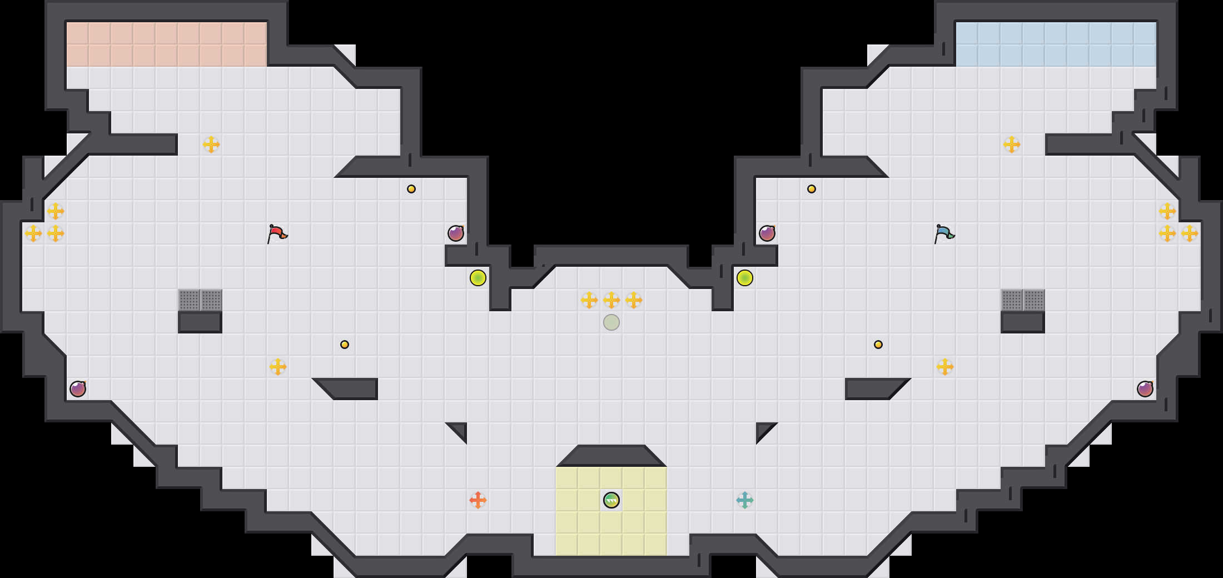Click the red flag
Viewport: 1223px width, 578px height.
[277, 233]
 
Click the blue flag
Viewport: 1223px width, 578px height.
[944, 233]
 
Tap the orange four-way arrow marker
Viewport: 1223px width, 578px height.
[478, 500]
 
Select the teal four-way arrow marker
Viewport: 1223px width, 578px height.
[745, 500]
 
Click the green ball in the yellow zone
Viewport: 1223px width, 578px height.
[611, 500]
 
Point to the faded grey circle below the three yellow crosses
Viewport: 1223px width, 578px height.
[611, 322]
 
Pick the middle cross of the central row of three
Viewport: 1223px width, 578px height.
[611, 300]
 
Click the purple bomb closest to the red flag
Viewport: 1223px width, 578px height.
[456, 233]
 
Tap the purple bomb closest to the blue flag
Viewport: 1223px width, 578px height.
[767, 233]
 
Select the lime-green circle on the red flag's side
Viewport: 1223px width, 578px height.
[478, 278]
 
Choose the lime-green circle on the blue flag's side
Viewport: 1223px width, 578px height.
[745, 278]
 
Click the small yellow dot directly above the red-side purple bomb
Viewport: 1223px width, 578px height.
[411, 189]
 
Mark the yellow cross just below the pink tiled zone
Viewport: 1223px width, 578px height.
[211, 144]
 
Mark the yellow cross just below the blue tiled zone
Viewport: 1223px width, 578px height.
[1012, 144]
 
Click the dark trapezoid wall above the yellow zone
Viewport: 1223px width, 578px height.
[611, 456]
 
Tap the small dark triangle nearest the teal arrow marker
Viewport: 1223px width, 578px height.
[763, 430]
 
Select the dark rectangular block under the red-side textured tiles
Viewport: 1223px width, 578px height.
[200, 322]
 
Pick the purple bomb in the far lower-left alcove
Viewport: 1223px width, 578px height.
[78, 389]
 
